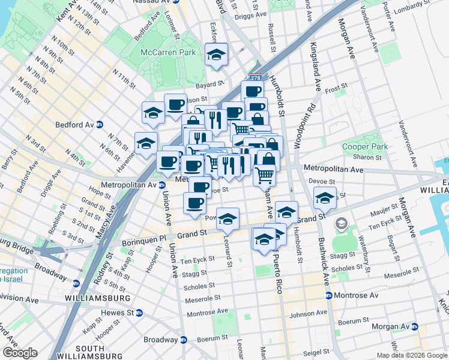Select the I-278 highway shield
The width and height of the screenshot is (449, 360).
coord(256,77)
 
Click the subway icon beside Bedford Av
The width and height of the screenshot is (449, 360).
coord(100,125)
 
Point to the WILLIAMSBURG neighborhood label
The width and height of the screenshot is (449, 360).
coord(100,298)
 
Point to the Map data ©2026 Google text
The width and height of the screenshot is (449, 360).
coord(411,355)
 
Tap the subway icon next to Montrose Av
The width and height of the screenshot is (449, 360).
coord(328,296)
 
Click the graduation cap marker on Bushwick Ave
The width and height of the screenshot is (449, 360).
coord(325,199)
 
